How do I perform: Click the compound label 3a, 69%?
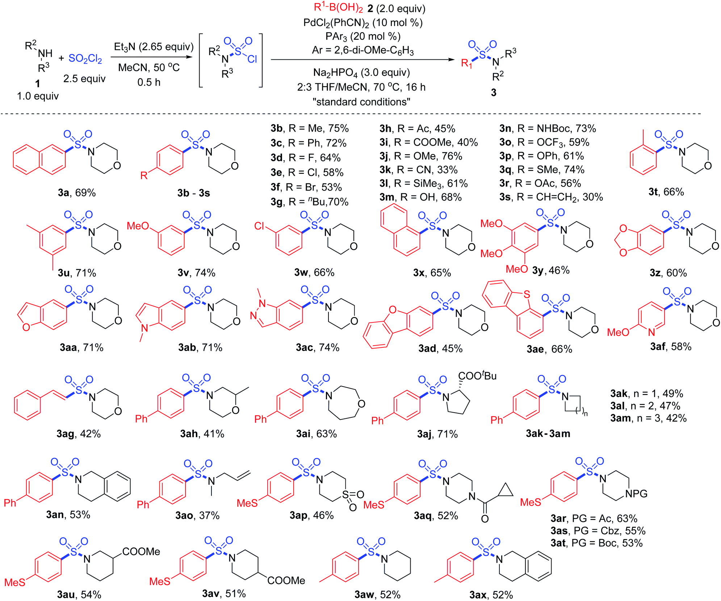[77, 193]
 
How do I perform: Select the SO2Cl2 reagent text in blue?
[85, 59]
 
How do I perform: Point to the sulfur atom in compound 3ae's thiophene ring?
[527, 294]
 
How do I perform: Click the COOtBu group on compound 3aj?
[477, 376]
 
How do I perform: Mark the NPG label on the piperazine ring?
[636, 494]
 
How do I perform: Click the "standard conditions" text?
[361, 102]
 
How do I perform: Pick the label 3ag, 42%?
[79, 434]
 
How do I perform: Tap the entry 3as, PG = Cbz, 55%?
[598, 531]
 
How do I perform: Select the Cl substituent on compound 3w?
[259, 226]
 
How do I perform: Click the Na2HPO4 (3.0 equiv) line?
[361, 72]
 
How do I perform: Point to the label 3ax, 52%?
[491, 595]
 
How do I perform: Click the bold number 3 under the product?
[494, 93]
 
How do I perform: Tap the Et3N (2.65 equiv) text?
[154, 47]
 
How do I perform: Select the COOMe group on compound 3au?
[141, 552]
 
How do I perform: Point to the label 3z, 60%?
[668, 273]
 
